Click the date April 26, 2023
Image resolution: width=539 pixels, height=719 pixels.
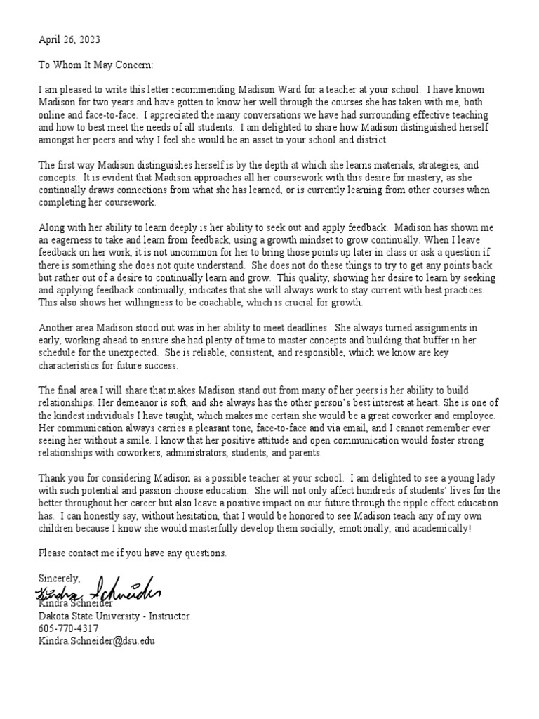tap(69, 41)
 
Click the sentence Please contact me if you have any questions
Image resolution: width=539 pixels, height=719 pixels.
tap(133, 553)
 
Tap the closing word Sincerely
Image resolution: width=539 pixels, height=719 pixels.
tap(60, 579)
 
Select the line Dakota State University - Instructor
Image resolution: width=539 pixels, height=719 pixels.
tap(114, 616)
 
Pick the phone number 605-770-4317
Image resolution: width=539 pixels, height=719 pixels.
tap(68, 628)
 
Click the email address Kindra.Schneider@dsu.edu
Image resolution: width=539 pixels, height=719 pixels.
tap(96, 641)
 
